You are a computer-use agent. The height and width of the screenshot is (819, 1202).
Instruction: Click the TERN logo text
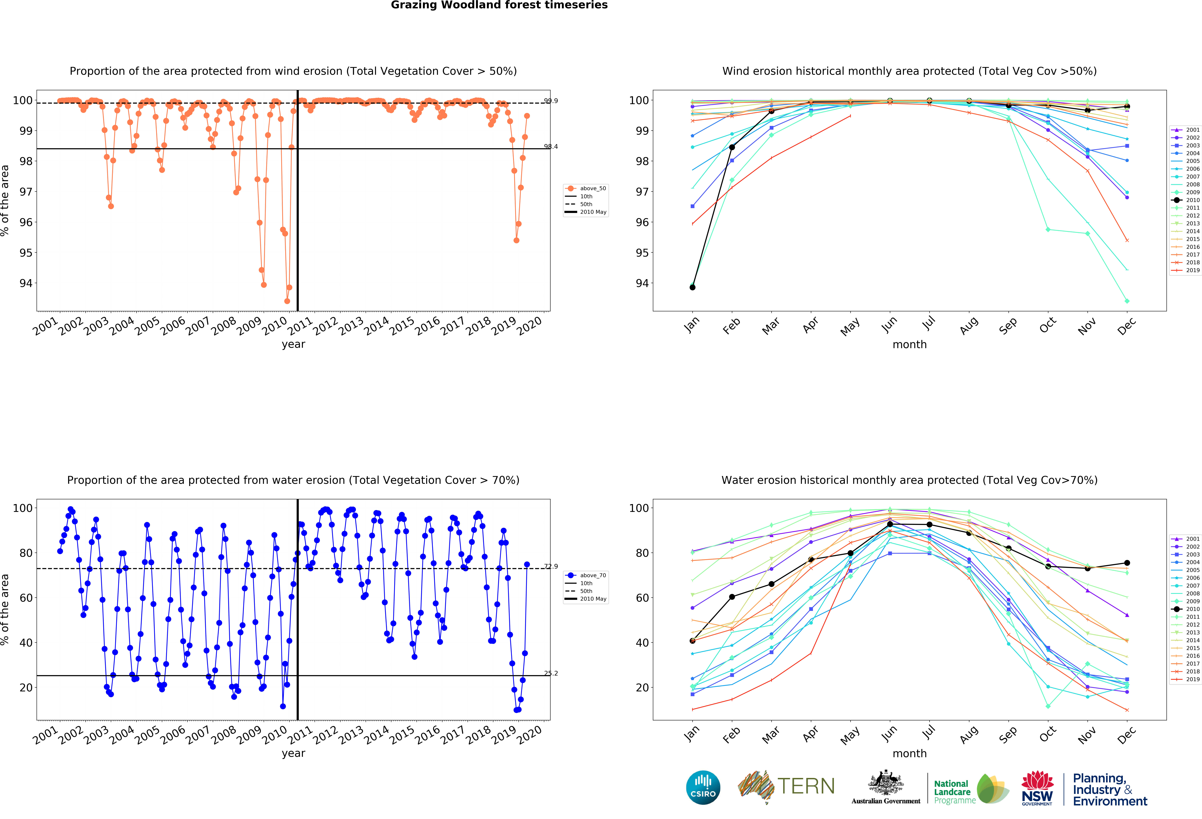click(x=806, y=786)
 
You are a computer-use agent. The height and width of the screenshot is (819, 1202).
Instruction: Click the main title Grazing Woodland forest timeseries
click(x=499, y=5)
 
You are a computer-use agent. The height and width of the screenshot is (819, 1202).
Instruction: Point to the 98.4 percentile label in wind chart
click(x=551, y=147)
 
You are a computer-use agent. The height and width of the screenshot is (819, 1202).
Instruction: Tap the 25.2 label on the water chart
click(x=551, y=673)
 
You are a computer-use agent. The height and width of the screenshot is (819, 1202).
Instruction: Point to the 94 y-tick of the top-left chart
click(x=26, y=283)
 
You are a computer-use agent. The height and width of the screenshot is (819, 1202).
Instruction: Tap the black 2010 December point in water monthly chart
click(x=1127, y=563)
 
